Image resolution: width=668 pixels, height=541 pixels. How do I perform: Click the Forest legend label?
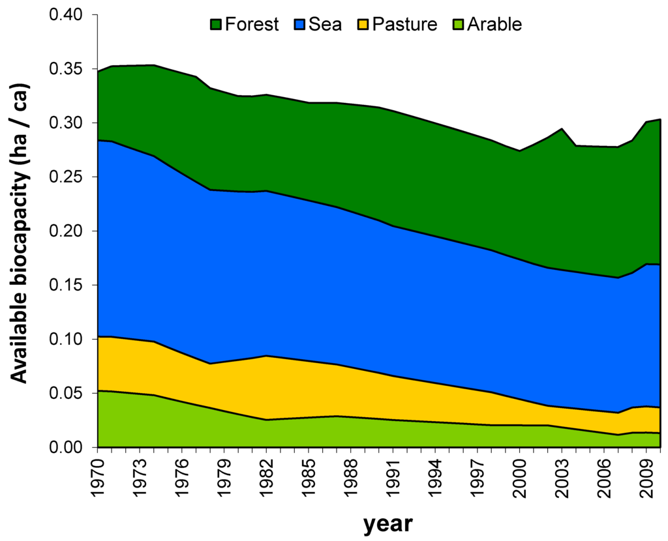click(x=252, y=25)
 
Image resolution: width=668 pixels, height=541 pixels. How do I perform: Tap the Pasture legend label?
click(x=408, y=25)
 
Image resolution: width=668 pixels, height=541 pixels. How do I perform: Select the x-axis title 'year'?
click(x=387, y=523)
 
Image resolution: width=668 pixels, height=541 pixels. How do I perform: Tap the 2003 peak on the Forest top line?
click(x=562, y=129)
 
